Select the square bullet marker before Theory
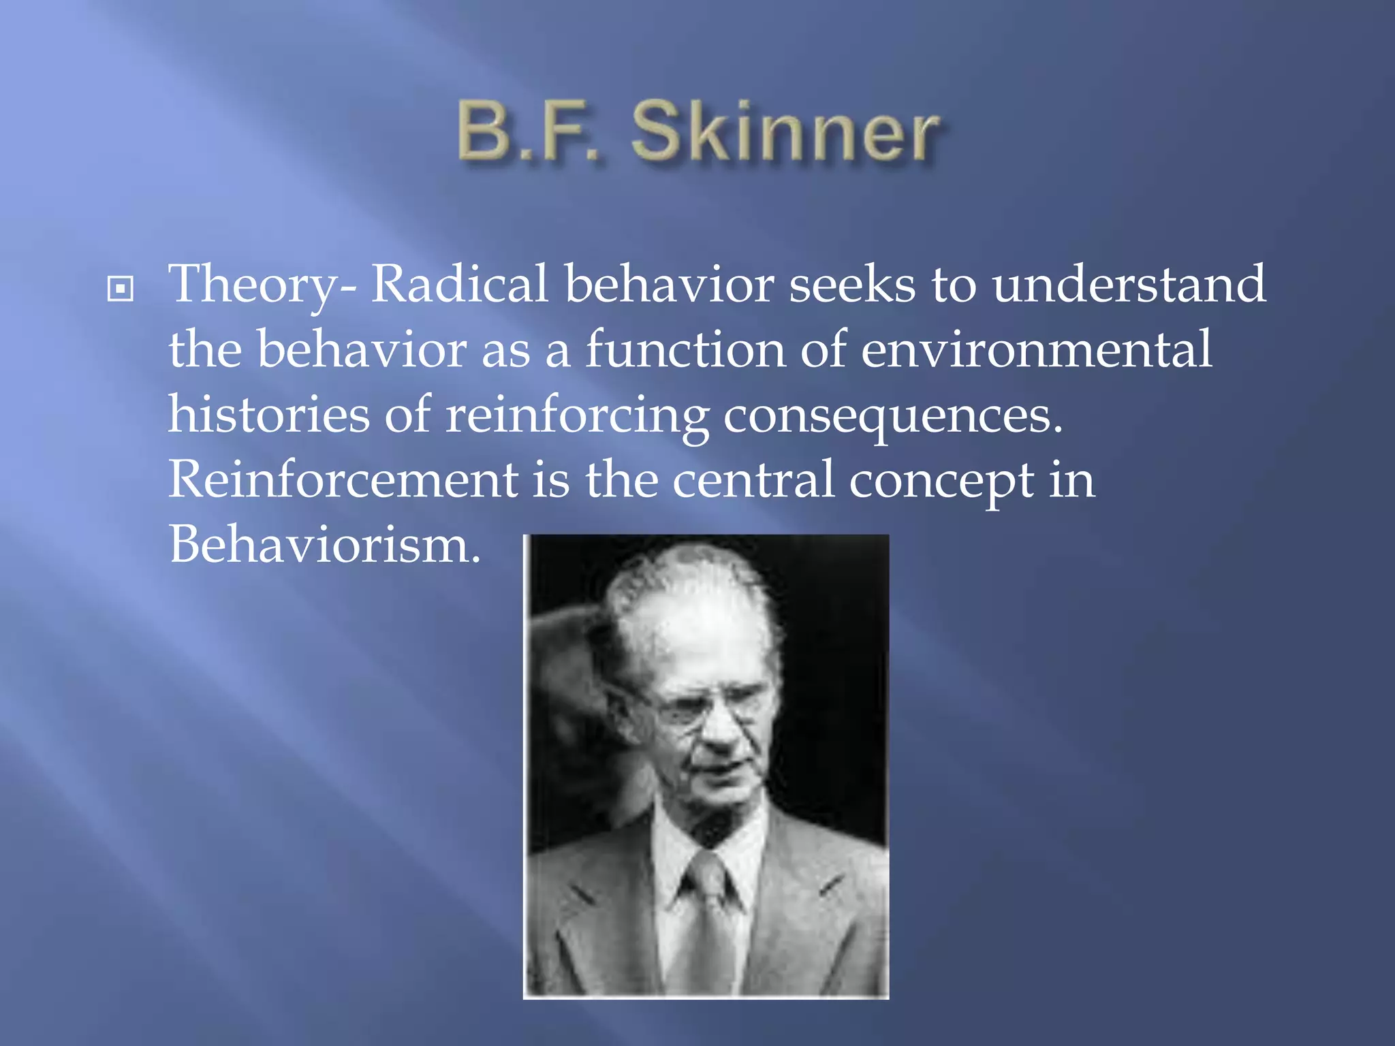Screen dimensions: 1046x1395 (x=121, y=289)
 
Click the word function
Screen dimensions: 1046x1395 (x=685, y=349)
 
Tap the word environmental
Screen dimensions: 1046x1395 (x=1036, y=349)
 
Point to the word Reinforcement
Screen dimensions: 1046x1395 (x=343, y=479)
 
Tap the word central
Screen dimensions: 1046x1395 (x=753, y=479)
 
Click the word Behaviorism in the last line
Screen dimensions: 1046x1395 (x=324, y=545)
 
